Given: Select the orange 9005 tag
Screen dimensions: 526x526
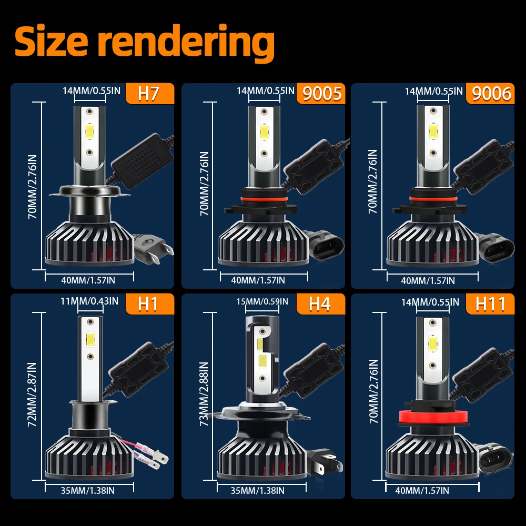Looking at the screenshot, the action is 321,94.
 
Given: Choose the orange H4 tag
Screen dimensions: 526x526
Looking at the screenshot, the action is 320,305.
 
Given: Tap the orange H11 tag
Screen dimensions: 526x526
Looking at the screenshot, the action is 490,304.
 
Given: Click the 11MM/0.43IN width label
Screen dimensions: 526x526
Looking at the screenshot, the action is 90,301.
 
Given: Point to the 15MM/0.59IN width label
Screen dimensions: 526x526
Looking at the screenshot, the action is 262,301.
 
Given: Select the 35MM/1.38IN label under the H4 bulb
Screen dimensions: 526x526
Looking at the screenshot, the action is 258,490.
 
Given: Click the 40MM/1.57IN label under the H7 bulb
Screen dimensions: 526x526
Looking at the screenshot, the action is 88,280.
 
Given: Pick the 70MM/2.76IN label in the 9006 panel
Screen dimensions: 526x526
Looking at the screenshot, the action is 372,181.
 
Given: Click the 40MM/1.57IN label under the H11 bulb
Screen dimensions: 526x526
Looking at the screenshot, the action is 423,490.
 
